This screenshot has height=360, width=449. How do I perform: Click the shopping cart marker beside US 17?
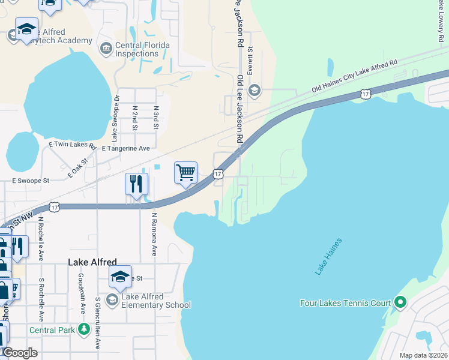point(186,173)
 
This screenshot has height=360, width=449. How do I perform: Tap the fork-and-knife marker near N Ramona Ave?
point(136,184)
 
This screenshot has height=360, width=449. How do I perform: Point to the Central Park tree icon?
point(85,329)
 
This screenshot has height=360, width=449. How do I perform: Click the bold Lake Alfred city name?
point(92,262)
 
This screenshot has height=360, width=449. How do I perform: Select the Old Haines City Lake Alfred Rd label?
point(355,77)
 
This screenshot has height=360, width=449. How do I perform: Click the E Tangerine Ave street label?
point(125,148)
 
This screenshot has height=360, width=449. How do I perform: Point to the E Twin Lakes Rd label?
point(72,145)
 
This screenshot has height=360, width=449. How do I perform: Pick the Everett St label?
point(250,59)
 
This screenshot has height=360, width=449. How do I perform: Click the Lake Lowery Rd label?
point(439,21)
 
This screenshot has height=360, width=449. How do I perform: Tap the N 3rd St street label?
point(155,118)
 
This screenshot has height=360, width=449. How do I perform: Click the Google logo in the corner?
point(20,353)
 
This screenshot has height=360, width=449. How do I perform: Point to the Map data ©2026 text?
point(423,355)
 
